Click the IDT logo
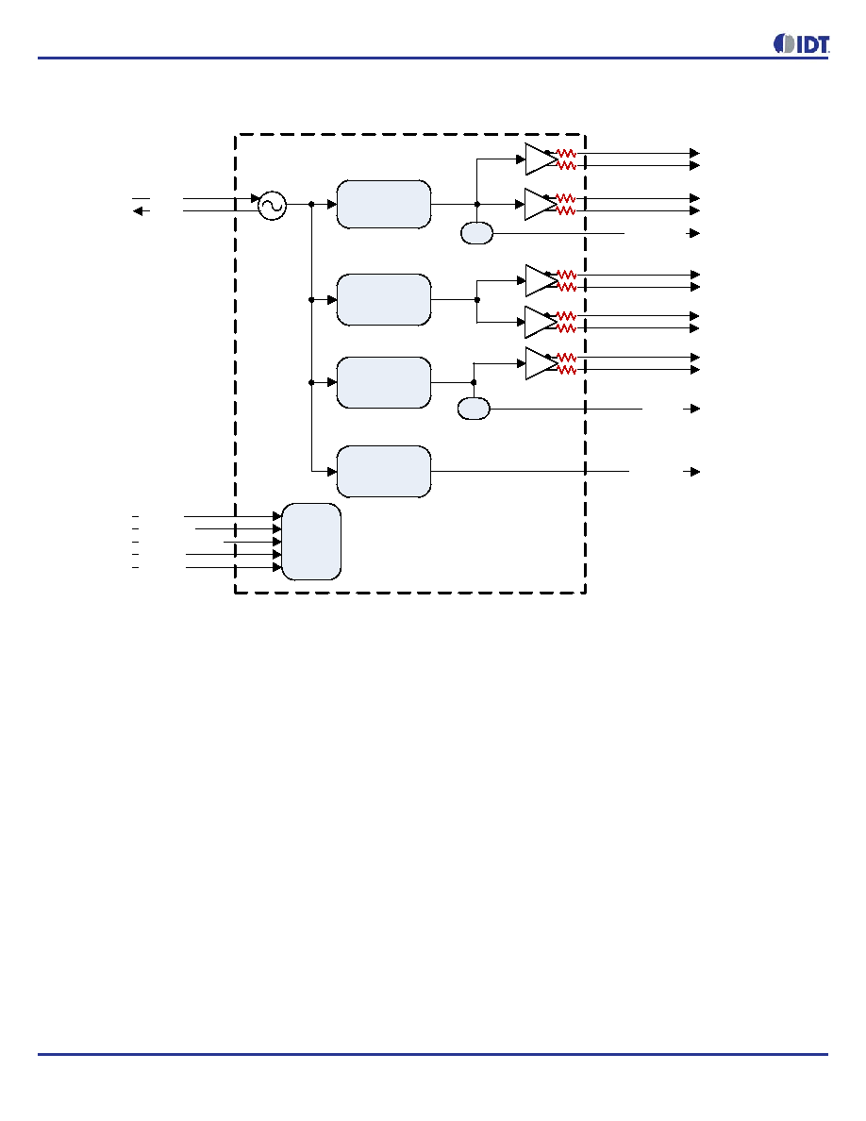(x=801, y=43)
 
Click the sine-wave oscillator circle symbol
(x=272, y=206)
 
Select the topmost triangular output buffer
(x=541, y=159)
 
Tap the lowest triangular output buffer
(x=541, y=363)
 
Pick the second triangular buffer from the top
(x=541, y=205)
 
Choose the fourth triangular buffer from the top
(x=541, y=322)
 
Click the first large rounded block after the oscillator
(x=384, y=205)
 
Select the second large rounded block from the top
(x=384, y=299)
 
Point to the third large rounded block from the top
(x=384, y=382)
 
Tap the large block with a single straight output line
(x=384, y=472)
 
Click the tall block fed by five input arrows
(x=311, y=542)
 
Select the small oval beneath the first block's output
(x=476, y=233)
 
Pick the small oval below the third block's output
(x=473, y=409)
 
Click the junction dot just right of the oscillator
(x=311, y=205)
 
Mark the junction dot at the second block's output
(x=477, y=299)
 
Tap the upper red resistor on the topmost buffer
(x=566, y=153)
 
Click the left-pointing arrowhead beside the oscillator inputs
(x=138, y=211)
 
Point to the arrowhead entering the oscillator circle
(x=255, y=198)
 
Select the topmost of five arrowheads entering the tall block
(x=277, y=516)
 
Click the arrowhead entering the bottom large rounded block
(x=332, y=472)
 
